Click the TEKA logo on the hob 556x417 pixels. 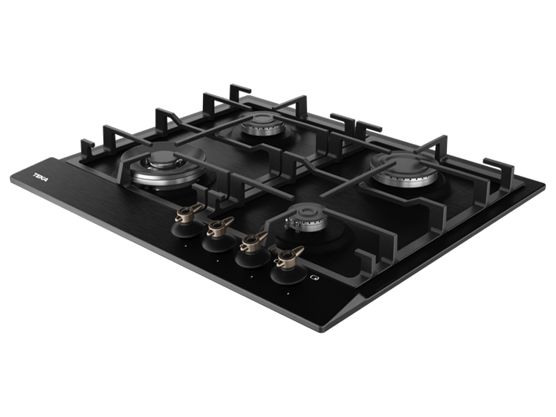click(41, 177)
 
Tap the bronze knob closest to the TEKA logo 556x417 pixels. click(188, 212)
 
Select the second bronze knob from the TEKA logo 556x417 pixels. click(220, 227)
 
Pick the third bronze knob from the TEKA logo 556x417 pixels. click(254, 241)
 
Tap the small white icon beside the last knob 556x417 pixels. click(314, 277)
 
